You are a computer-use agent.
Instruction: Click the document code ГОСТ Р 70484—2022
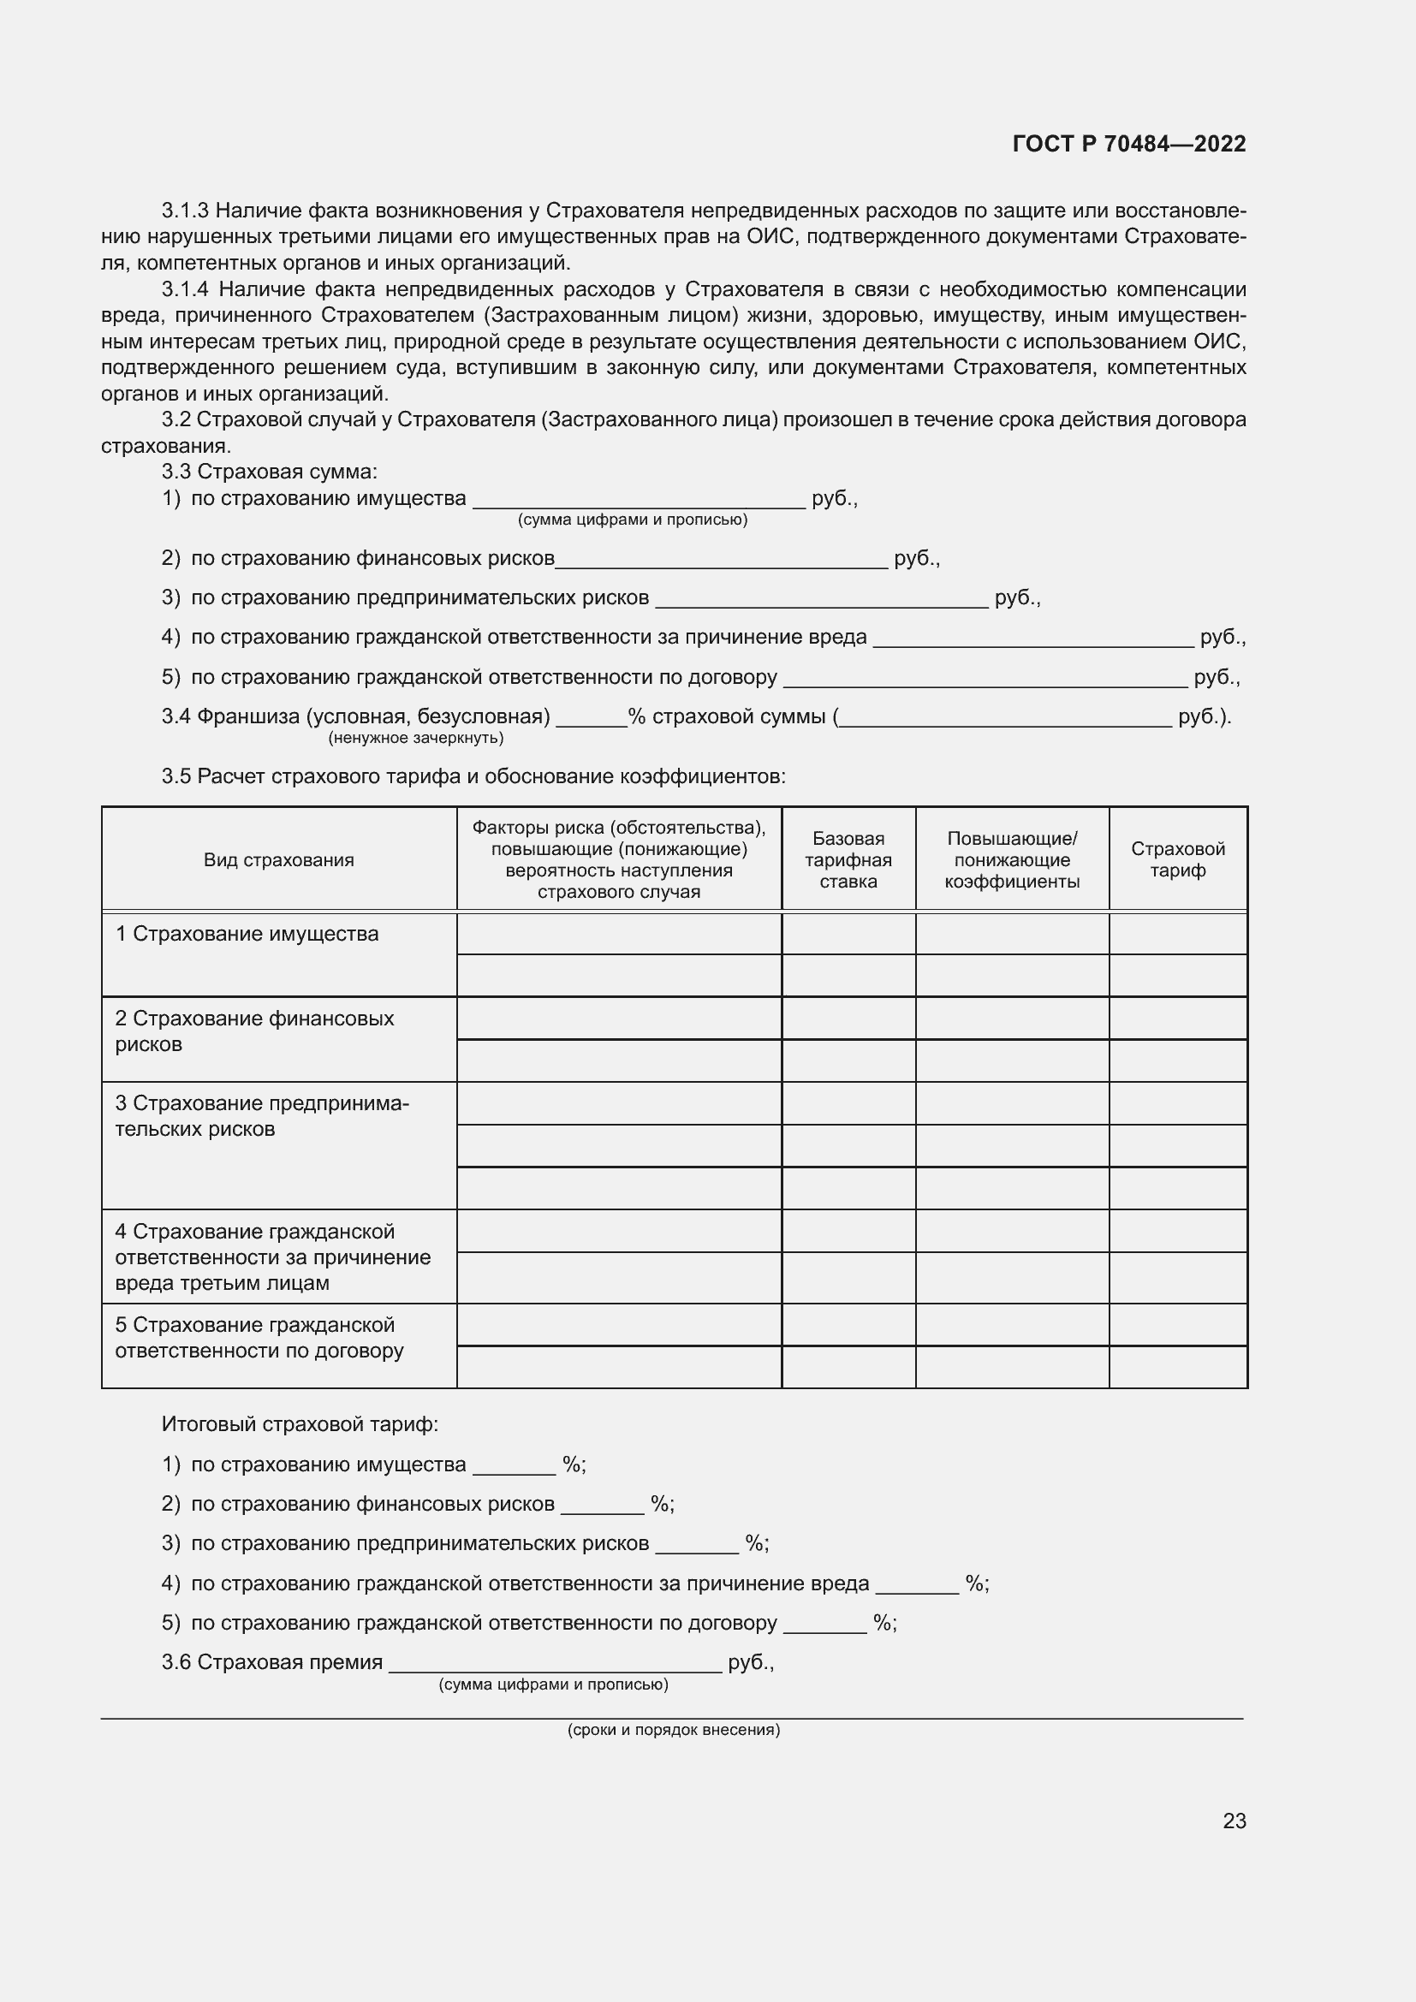[x=1129, y=144]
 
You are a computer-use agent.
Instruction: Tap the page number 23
[x=1234, y=1821]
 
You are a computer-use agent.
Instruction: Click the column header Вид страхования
[x=279, y=859]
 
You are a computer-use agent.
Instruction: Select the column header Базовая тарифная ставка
[x=848, y=859]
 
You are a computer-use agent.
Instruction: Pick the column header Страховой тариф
[x=1177, y=859]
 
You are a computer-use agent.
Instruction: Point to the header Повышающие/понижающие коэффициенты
[x=1011, y=859]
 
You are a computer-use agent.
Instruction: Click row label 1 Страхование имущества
[x=247, y=934]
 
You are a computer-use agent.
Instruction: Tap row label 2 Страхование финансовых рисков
[x=253, y=1031]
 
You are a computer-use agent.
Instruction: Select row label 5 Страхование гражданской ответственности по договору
[x=259, y=1338]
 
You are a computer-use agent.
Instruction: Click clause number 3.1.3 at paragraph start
[x=185, y=211]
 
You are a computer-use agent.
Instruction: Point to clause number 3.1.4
[x=185, y=289]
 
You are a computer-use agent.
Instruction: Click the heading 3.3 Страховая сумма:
[x=270, y=472]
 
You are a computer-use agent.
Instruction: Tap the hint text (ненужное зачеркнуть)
[x=416, y=738]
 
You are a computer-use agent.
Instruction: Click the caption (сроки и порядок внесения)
[x=673, y=1729]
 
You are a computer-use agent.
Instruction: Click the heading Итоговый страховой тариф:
[x=300, y=1424]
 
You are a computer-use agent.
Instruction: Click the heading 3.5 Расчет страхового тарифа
[x=473, y=776]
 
